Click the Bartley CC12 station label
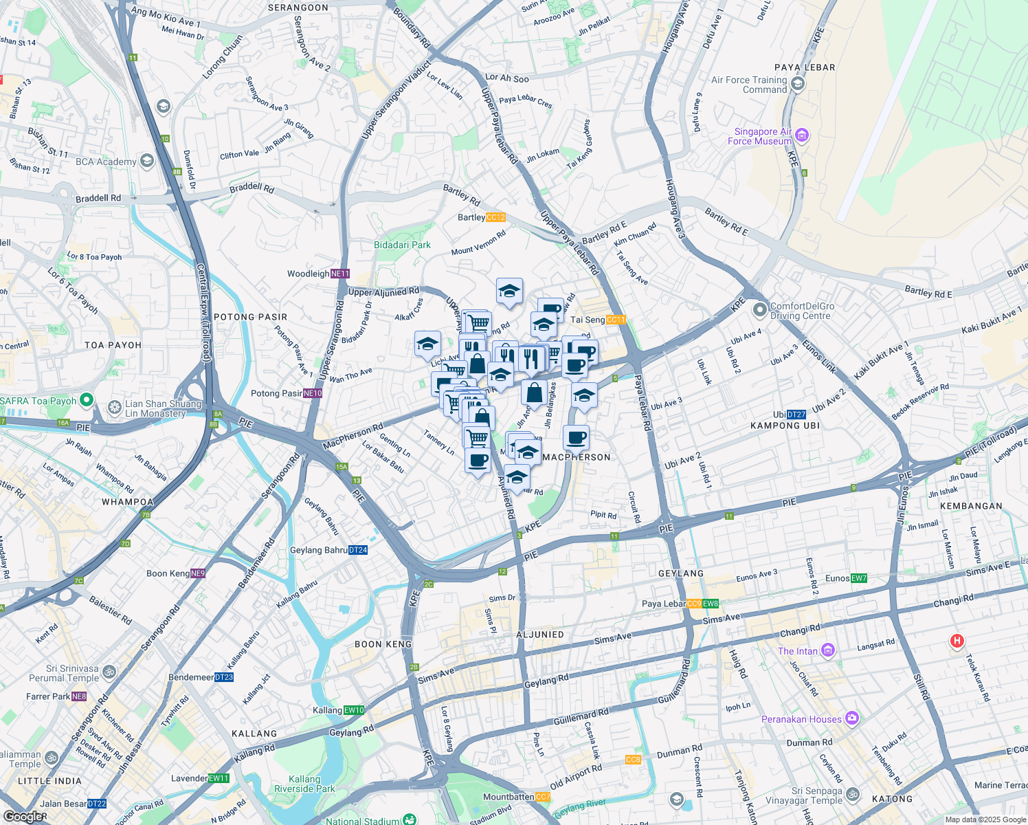[482, 217]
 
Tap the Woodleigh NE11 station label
[319, 274]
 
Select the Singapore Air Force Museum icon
[802, 135]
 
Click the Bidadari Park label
[402, 245]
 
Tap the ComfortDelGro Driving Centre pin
[759, 310]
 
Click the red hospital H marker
[956, 641]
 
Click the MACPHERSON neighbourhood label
[576, 457]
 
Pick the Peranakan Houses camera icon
[852, 718]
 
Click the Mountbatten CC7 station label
[517, 797]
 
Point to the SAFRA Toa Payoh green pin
[86, 399]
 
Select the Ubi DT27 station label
[789, 415]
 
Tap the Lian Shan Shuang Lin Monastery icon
[114, 408]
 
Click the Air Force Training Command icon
[797, 85]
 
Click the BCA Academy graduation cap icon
[146, 161]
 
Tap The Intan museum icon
[828, 650]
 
